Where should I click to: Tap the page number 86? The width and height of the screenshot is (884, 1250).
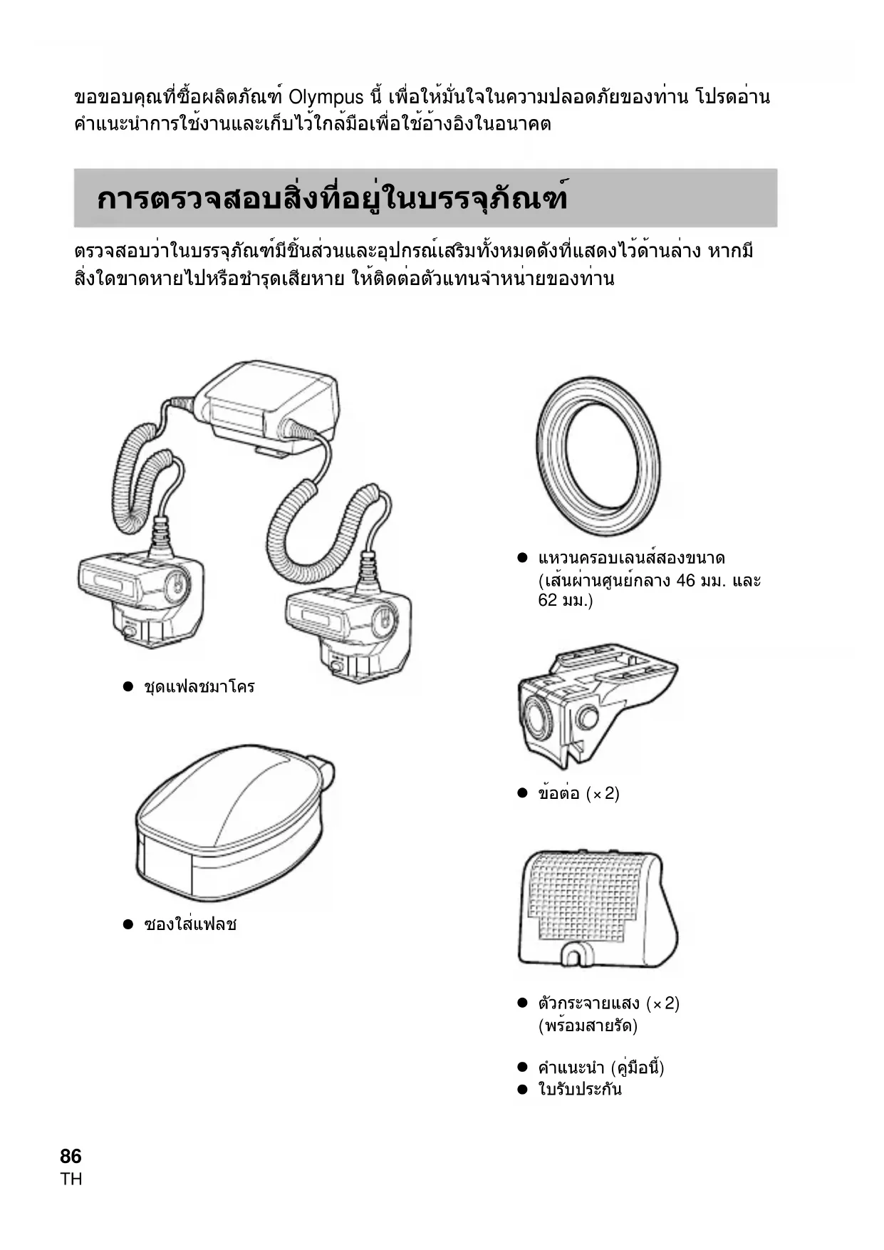71,1156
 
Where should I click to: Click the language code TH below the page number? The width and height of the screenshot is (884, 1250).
71,1179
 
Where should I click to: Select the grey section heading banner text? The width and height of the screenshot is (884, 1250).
332,199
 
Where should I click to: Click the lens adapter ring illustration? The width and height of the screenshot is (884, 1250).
598,456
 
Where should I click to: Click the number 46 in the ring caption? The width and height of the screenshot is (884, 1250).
685,581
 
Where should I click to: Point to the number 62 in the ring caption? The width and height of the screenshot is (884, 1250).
548,601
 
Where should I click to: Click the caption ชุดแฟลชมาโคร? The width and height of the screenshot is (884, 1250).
199,688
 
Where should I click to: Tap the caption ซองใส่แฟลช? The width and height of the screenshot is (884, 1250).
190,925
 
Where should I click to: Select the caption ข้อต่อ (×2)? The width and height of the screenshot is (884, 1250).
578,794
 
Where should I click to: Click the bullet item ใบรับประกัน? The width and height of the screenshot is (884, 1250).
580,1090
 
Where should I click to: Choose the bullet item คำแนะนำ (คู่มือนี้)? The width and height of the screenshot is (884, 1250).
600,1068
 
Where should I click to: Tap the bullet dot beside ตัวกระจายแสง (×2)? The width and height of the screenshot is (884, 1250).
522,1003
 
